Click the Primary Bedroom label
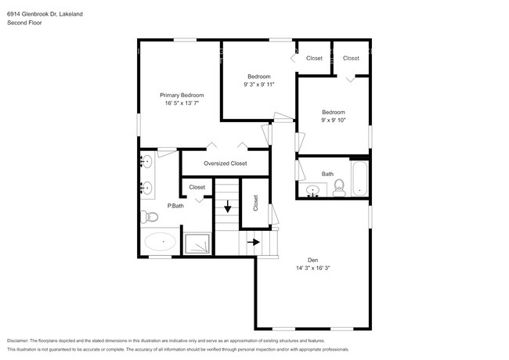(x=182, y=95)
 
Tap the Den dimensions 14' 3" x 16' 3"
(x=313, y=268)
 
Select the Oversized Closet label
(x=226, y=164)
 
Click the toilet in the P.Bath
(x=149, y=217)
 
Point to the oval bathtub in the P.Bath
(x=160, y=242)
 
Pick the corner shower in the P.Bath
(x=197, y=243)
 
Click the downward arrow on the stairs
(x=228, y=207)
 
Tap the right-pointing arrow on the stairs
(x=254, y=242)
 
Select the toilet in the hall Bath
(x=339, y=188)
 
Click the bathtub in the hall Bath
(x=359, y=178)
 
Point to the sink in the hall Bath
(x=312, y=190)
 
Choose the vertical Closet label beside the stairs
(x=255, y=203)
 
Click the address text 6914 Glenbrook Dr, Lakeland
(x=45, y=14)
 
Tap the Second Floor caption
(x=24, y=23)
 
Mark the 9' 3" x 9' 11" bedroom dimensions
(x=259, y=85)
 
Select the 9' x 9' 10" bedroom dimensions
(x=334, y=120)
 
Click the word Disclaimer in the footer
(x=18, y=340)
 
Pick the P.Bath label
(x=175, y=206)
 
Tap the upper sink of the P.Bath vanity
(x=147, y=161)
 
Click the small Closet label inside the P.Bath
(x=197, y=187)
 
